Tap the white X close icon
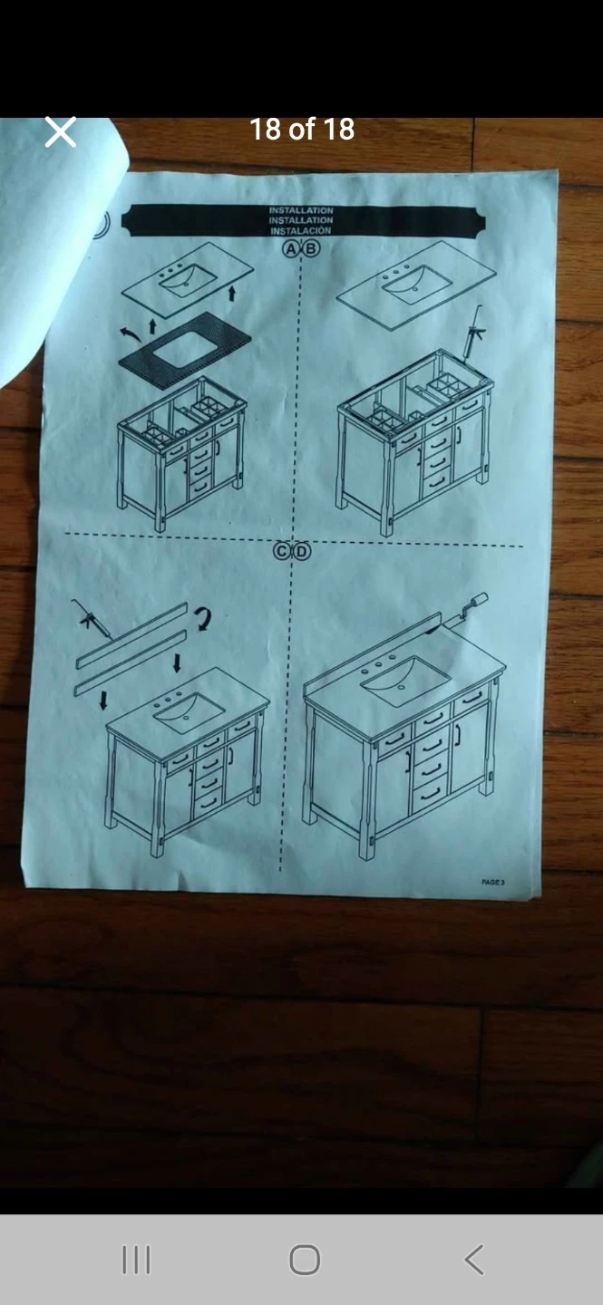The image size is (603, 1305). point(60,131)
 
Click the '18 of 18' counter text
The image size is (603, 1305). point(302,130)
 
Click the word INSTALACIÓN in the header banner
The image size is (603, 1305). point(301,231)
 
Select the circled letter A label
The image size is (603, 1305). point(290,248)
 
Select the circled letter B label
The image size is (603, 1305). point(312,248)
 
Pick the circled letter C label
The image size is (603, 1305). point(282,551)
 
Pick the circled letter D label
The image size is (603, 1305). point(301,551)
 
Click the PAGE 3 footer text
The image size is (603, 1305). point(493,882)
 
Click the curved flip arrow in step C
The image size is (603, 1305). point(202,619)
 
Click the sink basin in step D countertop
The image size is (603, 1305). point(406,680)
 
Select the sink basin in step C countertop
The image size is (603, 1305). point(189,712)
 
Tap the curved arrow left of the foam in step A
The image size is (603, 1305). point(131,333)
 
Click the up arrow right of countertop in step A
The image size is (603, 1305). point(231,293)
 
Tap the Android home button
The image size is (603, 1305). point(305,1260)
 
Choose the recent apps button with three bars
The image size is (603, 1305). point(136,1260)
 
